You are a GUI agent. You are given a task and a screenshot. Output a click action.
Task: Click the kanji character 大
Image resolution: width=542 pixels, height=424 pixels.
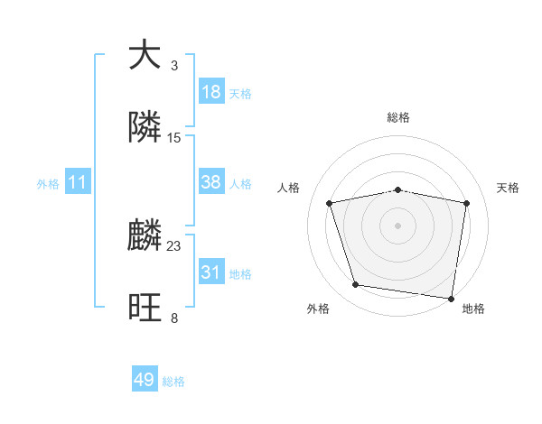tap(145, 54)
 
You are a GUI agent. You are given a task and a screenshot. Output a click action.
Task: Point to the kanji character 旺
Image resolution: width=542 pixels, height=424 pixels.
tap(145, 307)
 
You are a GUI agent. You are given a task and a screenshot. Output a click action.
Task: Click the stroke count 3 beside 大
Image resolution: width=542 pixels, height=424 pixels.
tap(173, 66)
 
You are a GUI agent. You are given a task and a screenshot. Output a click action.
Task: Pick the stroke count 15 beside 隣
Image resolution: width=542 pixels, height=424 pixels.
tap(174, 138)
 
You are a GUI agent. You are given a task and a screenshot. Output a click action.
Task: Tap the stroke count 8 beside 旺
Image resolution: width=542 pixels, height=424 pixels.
tap(173, 318)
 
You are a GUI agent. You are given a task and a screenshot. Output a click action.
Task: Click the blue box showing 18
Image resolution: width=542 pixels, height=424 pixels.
tap(211, 92)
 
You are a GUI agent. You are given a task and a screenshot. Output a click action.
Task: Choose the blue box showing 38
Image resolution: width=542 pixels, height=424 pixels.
tap(211, 182)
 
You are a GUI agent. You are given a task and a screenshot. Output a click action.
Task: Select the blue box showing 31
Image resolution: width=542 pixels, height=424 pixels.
tap(211, 272)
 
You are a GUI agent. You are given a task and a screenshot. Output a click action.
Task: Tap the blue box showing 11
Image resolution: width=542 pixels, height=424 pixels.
tap(77, 183)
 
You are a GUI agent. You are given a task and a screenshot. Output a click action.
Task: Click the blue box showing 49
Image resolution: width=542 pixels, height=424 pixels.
tap(145, 381)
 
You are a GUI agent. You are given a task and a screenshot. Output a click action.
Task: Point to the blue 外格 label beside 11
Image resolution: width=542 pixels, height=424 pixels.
tap(48, 184)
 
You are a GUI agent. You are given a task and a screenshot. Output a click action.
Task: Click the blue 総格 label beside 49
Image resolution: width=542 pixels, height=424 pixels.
tap(173, 382)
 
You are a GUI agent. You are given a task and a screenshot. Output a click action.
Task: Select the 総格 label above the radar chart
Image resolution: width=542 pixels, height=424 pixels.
tap(398, 117)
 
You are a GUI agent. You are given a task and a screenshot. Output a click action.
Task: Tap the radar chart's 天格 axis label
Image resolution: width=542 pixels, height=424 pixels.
tap(508, 188)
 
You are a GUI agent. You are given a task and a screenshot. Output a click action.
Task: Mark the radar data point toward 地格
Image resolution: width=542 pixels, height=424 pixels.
tap(452, 298)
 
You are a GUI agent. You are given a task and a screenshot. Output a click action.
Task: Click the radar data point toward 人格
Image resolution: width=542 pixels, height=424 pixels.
tap(330, 203)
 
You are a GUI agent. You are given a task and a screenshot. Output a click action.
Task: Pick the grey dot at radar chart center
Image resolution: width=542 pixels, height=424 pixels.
tap(398, 226)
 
